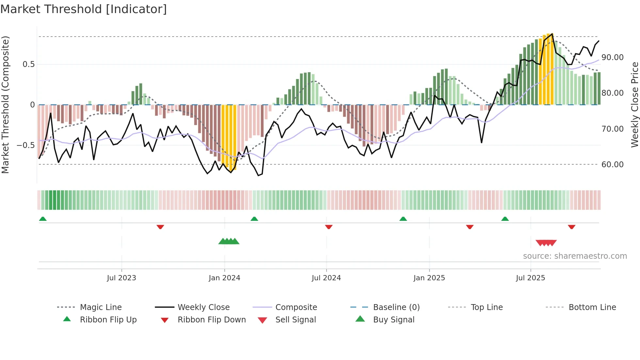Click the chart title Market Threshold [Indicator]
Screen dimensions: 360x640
coord(84,9)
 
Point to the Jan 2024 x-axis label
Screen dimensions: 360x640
coord(224,278)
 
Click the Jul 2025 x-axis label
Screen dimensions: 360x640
coord(530,278)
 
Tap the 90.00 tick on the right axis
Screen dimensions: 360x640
coord(612,57)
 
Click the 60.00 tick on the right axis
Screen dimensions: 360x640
coord(612,165)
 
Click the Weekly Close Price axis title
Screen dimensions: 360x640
coord(634,105)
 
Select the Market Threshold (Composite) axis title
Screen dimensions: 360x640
coord(5,105)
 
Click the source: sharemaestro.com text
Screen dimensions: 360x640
coord(575,256)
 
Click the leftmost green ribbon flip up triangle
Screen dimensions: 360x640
coord(43,219)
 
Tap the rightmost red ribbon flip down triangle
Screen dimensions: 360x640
coord(571,227)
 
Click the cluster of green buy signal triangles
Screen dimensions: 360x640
coord(229,241)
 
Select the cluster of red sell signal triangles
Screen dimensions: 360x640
coord(546,243)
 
